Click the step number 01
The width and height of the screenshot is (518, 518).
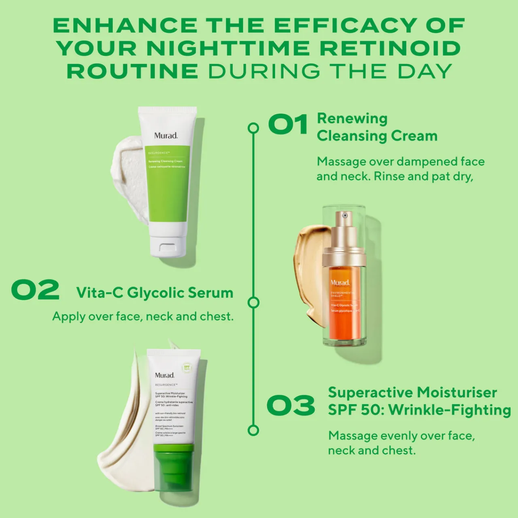288,124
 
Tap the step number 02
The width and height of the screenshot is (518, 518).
35,290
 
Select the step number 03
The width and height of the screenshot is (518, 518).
291,405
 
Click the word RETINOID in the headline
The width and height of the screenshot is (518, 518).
390,49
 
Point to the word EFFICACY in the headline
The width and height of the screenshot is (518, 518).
345,26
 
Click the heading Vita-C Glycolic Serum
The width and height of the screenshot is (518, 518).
155,293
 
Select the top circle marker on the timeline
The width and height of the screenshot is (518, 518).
253,128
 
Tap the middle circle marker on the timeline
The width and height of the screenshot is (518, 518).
253,302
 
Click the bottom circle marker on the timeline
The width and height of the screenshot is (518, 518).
253,430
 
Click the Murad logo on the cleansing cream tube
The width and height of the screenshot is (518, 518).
166,136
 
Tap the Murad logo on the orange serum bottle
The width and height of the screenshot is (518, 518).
340,283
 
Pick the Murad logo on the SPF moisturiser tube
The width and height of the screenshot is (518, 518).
165,375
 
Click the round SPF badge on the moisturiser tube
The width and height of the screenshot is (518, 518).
187,368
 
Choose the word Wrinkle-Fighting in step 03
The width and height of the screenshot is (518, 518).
450,410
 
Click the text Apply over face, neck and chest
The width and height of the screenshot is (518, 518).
143,316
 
